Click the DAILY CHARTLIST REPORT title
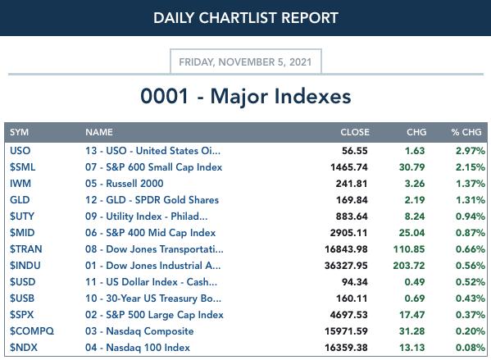click(246, 18)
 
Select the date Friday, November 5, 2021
click(245, 62)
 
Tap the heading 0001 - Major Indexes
click(246, 96)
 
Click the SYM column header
click(19, 132)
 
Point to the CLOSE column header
click(355, 132)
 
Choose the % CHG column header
click(466, 132)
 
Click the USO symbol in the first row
click(20, 151)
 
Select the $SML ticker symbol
click(23, 167)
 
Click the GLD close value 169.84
click(352, 200)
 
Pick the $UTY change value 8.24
click(415, 216)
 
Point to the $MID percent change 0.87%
click(471, 233)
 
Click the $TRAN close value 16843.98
click(346, 249)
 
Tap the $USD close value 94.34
click(354, 282)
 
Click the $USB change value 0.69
click(415, 298)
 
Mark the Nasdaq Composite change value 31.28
click(411, 331)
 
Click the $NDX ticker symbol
click(24, 348)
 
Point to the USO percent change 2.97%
click(471, 151)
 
